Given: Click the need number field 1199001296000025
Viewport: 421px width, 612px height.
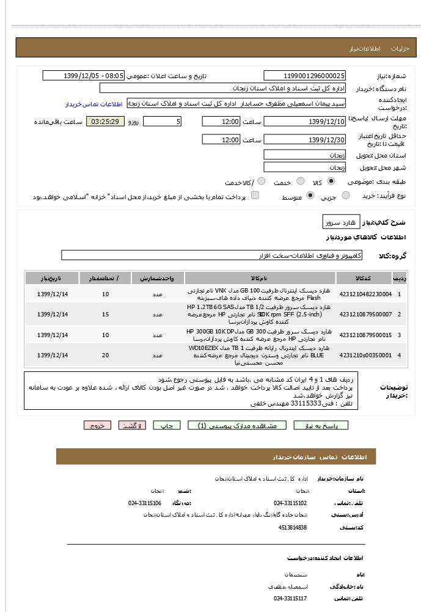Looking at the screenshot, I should coord(305,76).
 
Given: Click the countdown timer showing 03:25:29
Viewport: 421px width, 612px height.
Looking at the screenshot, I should coord(105,122).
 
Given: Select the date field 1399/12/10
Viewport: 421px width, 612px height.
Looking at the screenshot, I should coord(305,122).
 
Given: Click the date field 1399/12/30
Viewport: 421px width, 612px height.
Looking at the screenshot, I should coord(305,140).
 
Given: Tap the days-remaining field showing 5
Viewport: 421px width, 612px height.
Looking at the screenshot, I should coord(162,122).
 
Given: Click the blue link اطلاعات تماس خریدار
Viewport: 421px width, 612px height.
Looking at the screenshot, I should coord(94,104).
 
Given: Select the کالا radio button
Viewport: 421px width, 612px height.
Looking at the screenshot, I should coord(331,181).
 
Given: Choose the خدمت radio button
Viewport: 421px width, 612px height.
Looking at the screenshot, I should coord(300,181).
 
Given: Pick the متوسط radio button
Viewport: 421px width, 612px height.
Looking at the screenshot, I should coord(310,196).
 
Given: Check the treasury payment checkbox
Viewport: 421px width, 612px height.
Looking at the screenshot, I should coord(255,195).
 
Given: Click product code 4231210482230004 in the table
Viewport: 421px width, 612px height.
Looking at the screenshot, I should coord(365,294).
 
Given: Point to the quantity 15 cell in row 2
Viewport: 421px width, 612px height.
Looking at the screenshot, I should coord(106,315).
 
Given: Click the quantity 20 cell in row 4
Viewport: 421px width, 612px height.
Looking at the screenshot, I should coord(106,355).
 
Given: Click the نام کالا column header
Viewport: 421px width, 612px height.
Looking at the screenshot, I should coord(259,279).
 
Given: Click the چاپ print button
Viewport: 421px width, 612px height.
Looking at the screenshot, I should coord(167,426).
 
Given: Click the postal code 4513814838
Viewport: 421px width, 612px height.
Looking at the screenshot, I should coord(292,528).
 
